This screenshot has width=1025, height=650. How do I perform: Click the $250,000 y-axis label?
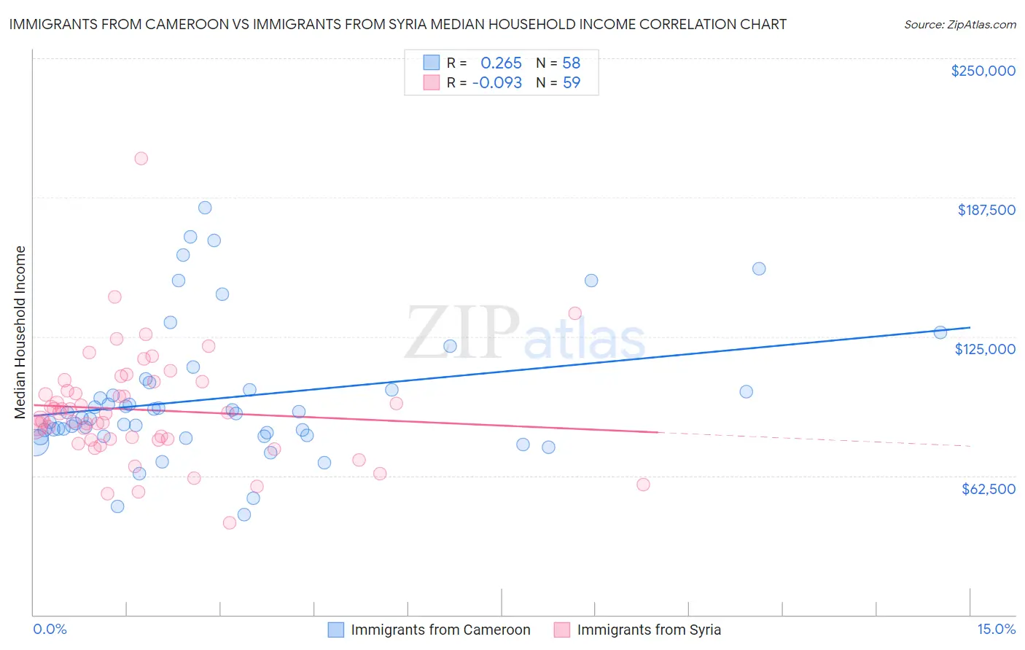(983, 71)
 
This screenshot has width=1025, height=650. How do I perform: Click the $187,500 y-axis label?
(986, 210)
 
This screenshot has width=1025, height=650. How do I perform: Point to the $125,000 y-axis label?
(985, 349)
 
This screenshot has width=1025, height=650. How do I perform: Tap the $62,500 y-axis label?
(988, 489)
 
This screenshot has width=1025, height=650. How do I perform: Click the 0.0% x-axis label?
(50, 629)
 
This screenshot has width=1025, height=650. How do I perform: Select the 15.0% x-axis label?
(996, 629)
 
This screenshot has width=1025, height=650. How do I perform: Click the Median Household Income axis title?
(20, 332)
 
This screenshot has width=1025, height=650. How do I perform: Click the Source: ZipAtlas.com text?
(959, 25)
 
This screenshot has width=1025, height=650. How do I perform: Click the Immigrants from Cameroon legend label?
(440, 630)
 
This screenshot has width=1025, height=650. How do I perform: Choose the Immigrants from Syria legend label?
(648, 630)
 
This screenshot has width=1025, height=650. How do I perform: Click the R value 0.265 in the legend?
(501, 63)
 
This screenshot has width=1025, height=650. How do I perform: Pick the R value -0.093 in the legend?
(496, 83)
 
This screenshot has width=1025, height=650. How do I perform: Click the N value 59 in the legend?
(572, 83)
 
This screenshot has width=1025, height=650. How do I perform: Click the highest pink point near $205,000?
(141, 158)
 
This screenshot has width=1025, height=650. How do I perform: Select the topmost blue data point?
(205, 208)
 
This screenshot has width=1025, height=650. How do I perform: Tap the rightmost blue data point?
(940, 332)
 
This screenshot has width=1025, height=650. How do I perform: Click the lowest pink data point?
(230, 522)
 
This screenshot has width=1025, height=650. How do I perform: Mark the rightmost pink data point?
(643, 485)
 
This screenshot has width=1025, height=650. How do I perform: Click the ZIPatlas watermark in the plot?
(525, 332)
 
